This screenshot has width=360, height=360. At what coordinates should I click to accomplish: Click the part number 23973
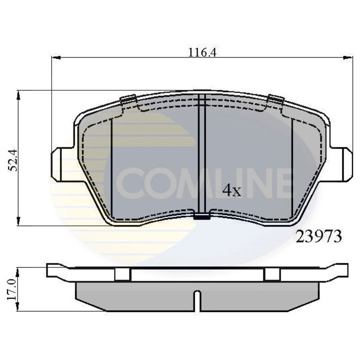tap(319, 236)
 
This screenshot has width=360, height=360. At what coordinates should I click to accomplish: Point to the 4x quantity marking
tap(231, 190)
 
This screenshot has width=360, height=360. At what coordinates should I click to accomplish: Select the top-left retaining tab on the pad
tap(128, 99)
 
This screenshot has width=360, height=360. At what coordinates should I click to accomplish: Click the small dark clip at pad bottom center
tap(201, 216)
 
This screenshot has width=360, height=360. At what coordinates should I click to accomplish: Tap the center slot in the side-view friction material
tap(198, 300)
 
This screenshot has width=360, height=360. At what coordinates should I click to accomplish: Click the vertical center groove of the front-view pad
tap(202, 155)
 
